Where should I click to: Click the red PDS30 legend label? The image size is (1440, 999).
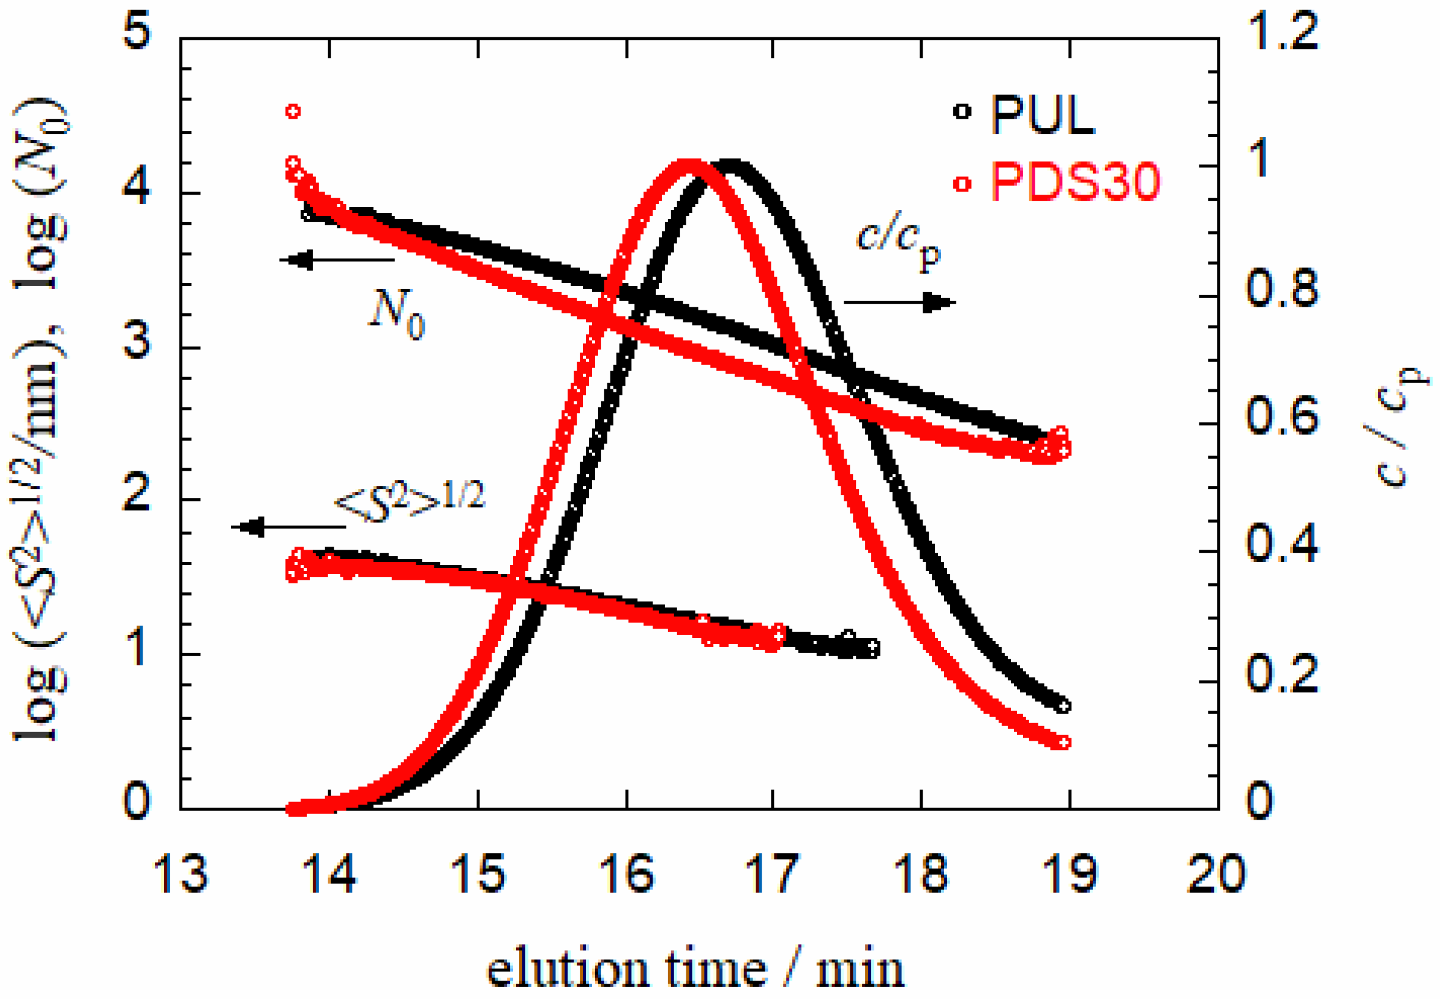pos(1074,182)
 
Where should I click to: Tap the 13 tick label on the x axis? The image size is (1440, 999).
pos(181,874)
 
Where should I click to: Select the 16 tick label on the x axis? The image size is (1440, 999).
pos(627,874)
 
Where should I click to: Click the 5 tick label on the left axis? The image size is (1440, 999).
pos(137,32)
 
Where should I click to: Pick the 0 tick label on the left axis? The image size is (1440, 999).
pos(137,801)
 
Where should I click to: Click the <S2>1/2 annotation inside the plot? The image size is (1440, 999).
pos(410,501)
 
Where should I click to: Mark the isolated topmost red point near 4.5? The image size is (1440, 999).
pos(293,111)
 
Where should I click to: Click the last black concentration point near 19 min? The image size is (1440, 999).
pos(1062,706)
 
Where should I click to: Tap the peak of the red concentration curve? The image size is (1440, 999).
pos(689,165)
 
